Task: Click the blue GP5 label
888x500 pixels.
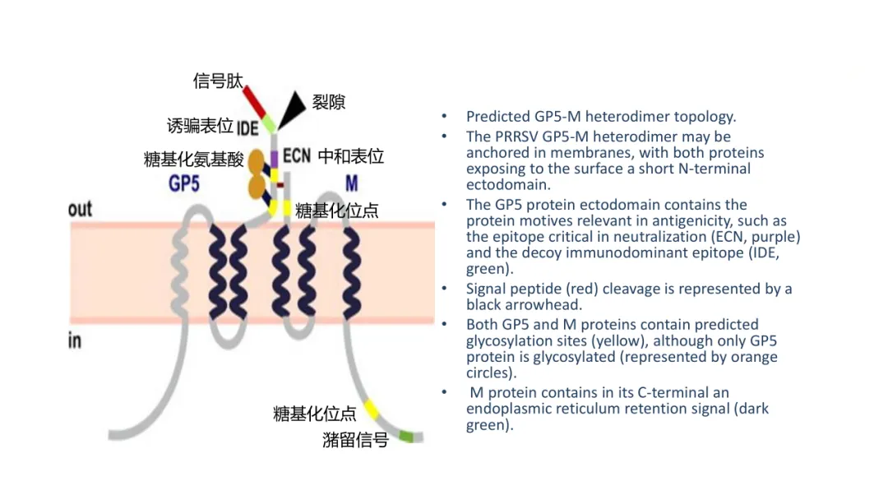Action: [184, 183]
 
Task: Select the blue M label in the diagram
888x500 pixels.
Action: [351, 183]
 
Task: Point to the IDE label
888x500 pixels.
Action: [247, 128]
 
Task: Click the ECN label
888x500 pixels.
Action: [296, 155]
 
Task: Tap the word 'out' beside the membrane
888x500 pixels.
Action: [80, 209]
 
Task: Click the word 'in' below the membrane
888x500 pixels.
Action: [74, 340]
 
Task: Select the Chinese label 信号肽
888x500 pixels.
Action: [218, 81]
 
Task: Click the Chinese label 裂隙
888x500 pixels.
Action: [328, 102]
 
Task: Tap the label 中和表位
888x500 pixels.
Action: [351, 155]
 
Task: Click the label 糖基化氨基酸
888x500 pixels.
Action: [194, 160]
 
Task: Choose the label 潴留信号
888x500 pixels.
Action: [355, 440]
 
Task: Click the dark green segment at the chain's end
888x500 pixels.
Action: [406, 437]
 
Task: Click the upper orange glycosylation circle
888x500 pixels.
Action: [257, 159]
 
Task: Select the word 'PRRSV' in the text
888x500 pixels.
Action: [518, 137]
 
